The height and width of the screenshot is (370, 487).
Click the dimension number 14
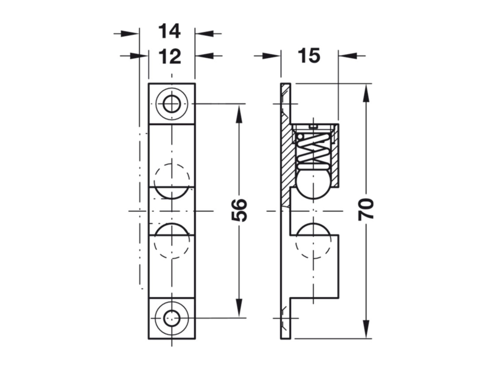point(169,31)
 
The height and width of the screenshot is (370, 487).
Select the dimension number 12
point(170,57)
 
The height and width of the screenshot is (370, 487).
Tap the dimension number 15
point(309,56)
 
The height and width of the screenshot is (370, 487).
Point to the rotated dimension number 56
point(239,210)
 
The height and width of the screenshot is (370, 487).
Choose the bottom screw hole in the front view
point(172,318)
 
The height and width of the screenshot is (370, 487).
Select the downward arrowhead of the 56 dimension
point(239,308)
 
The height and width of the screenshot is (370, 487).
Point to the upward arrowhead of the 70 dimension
point(366,92)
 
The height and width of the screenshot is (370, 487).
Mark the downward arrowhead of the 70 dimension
point(366,329)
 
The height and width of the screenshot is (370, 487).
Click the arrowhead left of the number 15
point(271,56)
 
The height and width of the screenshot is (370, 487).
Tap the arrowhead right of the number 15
point(347,56)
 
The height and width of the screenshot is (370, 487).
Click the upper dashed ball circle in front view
point(172,181)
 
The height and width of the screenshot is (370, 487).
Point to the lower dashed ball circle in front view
point(172,241)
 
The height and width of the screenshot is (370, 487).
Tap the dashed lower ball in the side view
point(313,241)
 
